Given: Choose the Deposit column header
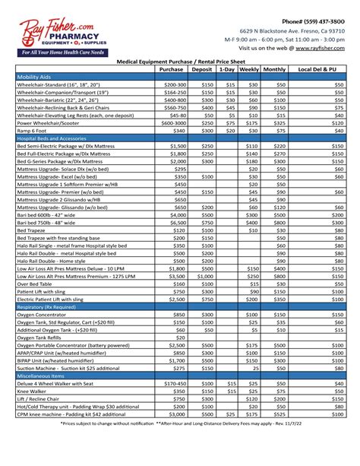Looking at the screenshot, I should point(202,69).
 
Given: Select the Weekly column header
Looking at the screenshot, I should point(249,69).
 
